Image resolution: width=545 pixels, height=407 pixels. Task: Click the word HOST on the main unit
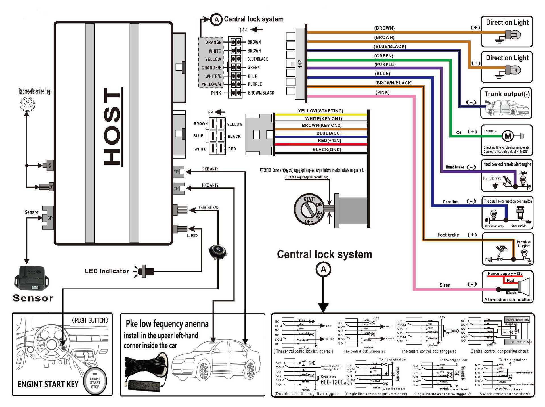click(112, 126)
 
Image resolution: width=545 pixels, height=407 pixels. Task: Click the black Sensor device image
click(31, 278)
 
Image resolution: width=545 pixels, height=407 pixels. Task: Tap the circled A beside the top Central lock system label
click(216, 20)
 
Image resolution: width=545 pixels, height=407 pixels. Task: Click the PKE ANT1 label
click(210, 169)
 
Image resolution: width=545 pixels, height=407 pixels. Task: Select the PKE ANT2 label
click(210, 185)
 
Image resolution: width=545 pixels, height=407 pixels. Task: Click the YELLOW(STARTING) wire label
click(320, 111)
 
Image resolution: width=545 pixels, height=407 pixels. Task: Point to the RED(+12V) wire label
click(329, 141)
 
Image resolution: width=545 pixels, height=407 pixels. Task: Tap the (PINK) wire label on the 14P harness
click(382, 92)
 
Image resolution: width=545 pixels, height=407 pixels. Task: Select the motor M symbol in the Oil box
click(508, 136)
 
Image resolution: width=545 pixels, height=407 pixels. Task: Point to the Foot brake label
click(448, 235)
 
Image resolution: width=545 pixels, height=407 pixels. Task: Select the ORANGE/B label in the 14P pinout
click(211, 68)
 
